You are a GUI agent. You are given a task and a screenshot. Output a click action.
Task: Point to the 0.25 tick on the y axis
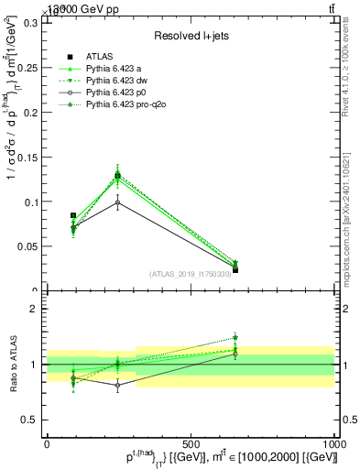(x=28, y=68)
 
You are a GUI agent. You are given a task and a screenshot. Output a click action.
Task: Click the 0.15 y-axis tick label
(x=28, y=158)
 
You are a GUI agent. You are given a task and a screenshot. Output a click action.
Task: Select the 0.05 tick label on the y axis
(x=28, y=246)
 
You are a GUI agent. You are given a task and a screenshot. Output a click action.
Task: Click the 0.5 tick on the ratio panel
(x=30, y=420)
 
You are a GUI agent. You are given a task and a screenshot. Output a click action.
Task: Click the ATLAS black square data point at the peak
(x=117, y=175)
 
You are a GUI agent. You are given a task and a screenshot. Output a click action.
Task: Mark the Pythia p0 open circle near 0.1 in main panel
(x=117, y=202)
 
